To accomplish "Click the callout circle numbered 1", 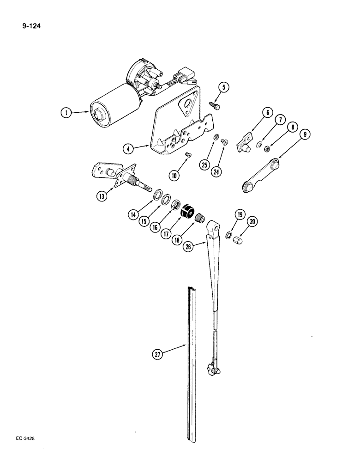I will tap(67, 112).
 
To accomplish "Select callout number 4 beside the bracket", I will tap(130, 148).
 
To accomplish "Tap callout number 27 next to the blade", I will tap(158, 354).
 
